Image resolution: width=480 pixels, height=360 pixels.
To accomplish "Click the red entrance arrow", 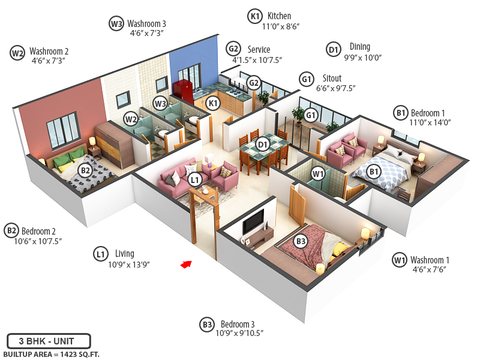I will point(187,263).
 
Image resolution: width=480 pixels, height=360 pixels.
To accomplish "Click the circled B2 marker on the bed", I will point(86,170).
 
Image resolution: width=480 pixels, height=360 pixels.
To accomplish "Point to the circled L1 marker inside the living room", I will point(194,179).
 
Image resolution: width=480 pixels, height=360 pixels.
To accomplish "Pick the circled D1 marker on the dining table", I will point(262,144).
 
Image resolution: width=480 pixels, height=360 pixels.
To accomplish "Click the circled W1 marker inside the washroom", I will point(318,174).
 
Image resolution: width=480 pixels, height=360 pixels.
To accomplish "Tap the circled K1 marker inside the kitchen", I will point(212,103).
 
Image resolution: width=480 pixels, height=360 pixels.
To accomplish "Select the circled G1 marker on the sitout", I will point(311,115).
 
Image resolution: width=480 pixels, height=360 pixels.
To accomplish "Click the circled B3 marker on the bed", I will point(301,242).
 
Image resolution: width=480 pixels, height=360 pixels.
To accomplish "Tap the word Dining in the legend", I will point(360,47).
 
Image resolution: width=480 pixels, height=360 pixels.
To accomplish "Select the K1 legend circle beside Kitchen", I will point(255,16).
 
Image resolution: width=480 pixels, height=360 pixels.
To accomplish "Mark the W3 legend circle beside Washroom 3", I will point(116,24).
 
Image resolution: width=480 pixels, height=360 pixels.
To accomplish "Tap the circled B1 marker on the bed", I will point(374,172).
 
